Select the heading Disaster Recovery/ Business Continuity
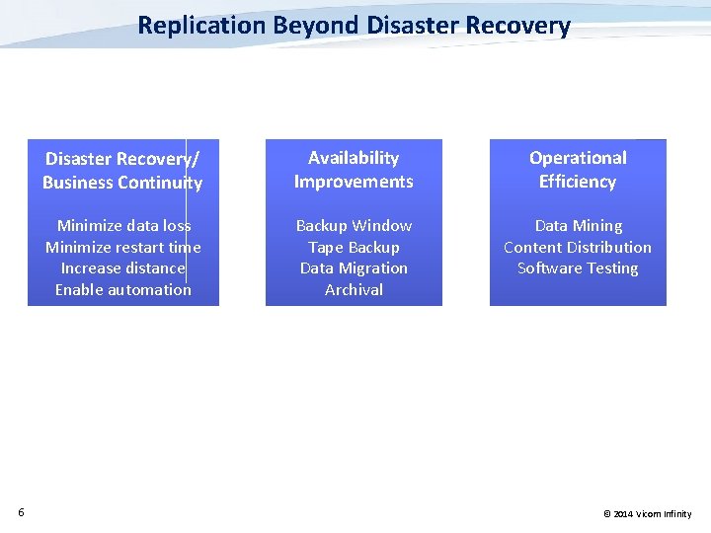point(122,170)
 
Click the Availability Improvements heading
point(354,170)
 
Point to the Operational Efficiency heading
point(578,170)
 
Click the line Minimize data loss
point(123,226)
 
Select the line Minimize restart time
point(123,247)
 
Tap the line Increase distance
point(123,268)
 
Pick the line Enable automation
point(123,289)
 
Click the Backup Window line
point(354,226)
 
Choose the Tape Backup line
point(354,247)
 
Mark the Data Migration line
point(354,268)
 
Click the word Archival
point(354,289)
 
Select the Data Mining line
point(578,226)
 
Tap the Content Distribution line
point(578,247)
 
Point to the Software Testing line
point(578,268)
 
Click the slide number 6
point(21,511)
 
